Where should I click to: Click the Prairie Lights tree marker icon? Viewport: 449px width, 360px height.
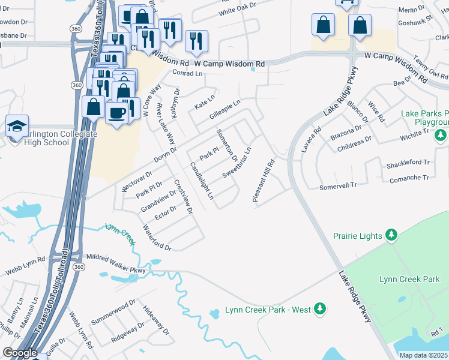(391, 234)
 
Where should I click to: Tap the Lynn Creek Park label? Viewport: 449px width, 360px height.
(410, 279)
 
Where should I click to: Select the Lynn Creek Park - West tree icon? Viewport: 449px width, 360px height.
(321, 308)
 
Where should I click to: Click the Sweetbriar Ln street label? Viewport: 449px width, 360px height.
(237, 162)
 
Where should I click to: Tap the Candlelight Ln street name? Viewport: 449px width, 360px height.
(202, 180)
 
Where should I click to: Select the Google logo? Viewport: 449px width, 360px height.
(19, 353)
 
